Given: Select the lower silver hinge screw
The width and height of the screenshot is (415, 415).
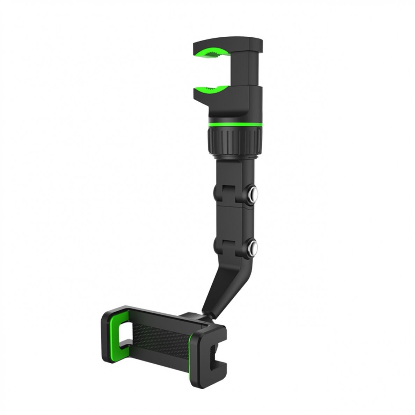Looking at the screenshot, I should coord(252,250).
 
